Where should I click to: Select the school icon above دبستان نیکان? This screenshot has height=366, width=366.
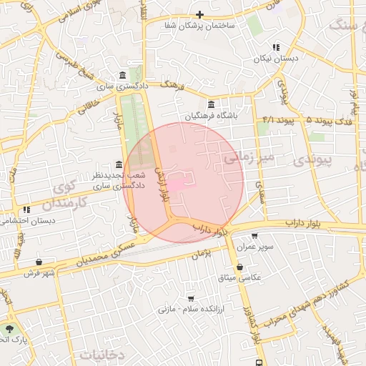click(275, 48)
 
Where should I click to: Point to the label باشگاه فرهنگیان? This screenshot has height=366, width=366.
click(211, 115)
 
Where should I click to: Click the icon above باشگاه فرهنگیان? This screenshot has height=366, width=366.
click(211, 104)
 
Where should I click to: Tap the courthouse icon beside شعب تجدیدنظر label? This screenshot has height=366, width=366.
click(118, 165)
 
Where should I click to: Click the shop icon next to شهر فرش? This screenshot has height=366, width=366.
click(38, 262)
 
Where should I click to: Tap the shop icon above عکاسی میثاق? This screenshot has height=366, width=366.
click(239, 267)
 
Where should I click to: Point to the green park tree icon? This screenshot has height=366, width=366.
click(9, 328)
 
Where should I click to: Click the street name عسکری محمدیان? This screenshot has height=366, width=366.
click(107, 250)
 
